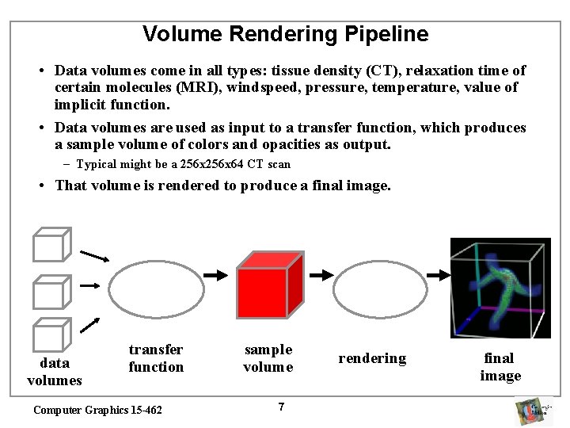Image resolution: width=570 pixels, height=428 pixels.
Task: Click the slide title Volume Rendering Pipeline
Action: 285,34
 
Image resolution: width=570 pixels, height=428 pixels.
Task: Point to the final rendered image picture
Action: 500,288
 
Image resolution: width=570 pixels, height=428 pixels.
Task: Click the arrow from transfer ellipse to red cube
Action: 214,275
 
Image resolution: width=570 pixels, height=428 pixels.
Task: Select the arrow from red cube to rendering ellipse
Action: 321,275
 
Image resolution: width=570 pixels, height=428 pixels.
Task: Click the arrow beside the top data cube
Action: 95,256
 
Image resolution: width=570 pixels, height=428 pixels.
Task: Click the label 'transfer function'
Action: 156,358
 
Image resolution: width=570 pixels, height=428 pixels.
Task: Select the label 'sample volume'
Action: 268,358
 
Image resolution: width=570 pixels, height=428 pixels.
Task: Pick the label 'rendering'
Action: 372,358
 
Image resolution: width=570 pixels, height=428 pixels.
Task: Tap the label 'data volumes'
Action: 55,372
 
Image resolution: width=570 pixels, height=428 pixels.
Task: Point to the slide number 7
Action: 281,407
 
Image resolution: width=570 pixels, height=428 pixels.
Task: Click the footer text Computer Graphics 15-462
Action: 97,410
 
